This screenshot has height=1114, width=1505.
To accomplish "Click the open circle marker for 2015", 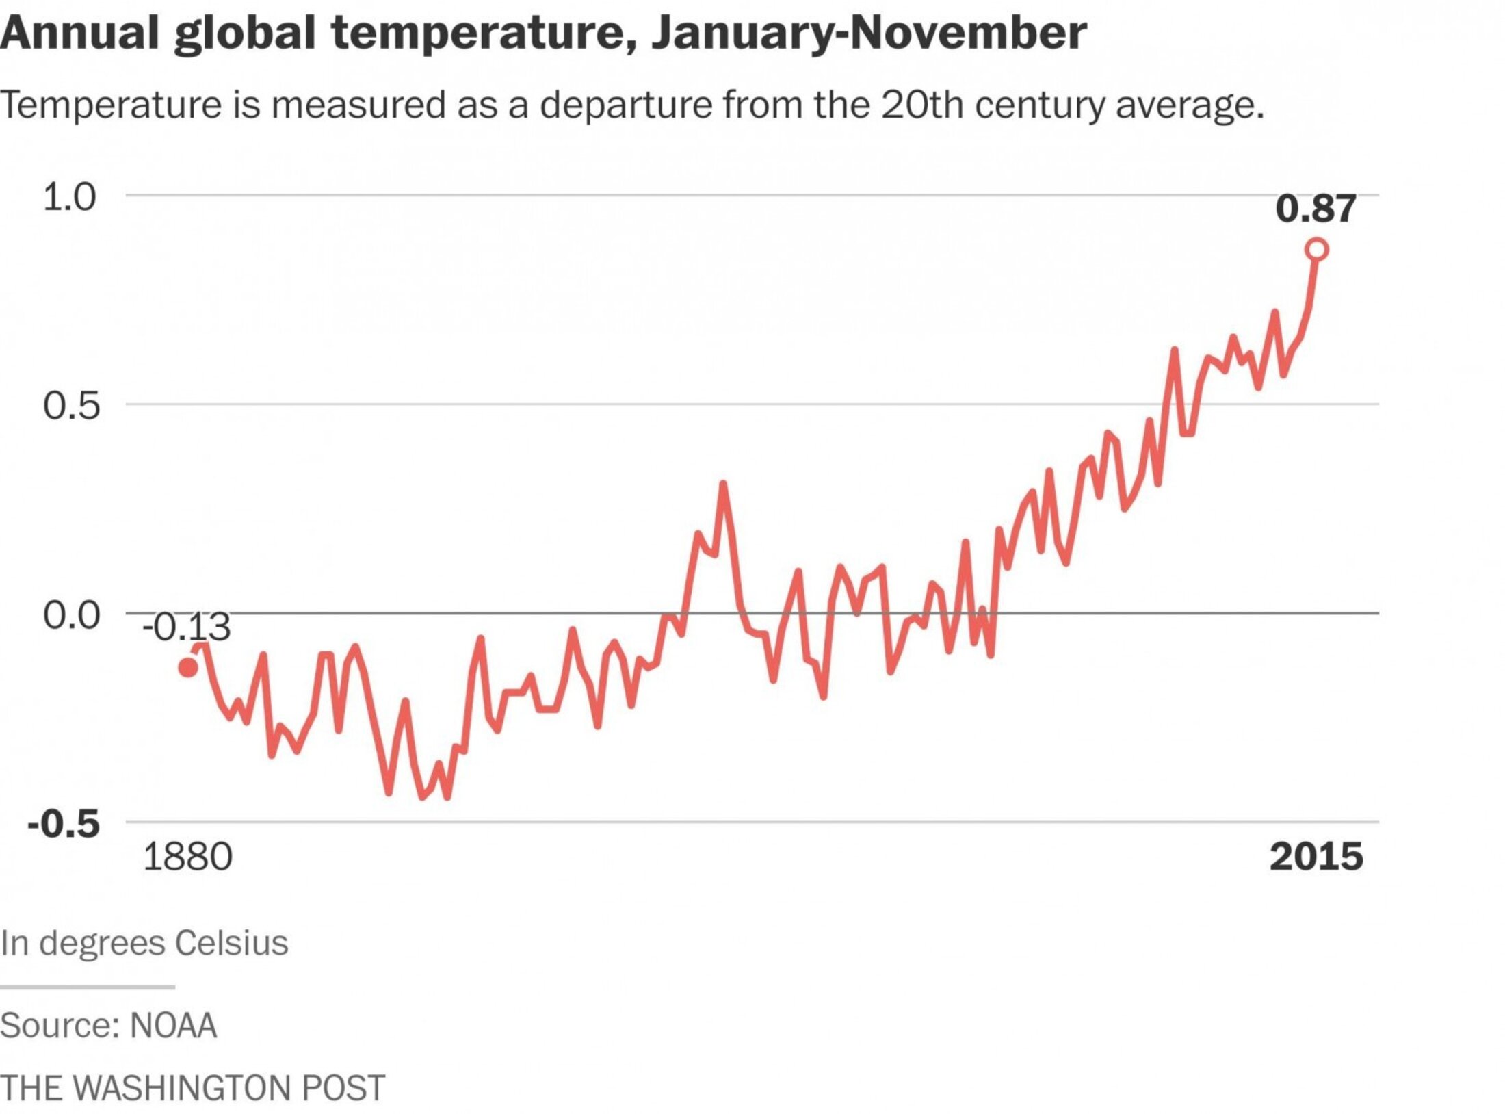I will [1316, 250].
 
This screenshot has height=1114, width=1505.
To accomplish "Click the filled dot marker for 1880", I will [188, 667].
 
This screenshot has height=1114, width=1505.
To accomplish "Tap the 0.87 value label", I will [1315, 208].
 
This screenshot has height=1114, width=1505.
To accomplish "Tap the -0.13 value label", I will [187, 627].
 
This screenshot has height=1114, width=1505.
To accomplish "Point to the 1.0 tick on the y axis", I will [69, 197].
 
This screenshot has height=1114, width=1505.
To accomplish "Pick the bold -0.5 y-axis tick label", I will [64, 824].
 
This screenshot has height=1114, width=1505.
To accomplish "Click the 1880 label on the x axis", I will [187, 857].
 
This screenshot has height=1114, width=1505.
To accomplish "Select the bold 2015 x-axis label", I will [1316, 857].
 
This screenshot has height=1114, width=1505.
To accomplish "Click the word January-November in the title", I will [869, 33].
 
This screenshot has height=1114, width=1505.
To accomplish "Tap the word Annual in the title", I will [79, 33].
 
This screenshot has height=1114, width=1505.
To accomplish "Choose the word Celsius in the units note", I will [231, 943].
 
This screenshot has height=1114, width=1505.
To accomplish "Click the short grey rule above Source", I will [88, 987].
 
